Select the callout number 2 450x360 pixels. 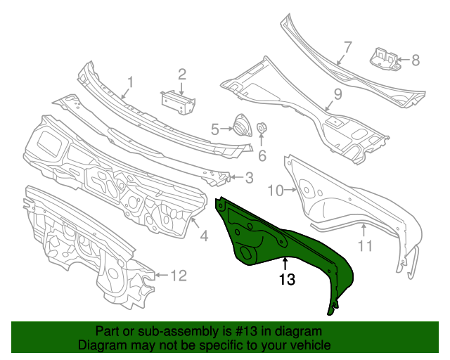[x=181, y=74]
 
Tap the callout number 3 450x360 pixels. [x=249, y=178]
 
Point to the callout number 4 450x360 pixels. [x=204, y=237]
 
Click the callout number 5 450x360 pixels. [x=215, y=129]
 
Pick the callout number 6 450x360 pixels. [x=262, y=155]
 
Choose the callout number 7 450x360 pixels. [x=347, y=48]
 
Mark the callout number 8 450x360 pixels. [x=416, y=60]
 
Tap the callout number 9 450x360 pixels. [x=337, y=94]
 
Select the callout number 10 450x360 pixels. [x=275, y=189]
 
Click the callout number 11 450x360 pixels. [x=364, y=245]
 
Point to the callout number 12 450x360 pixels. [x=179, y=275]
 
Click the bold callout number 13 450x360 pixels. [x=285, y=279]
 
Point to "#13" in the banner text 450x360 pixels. [x=251, y=331]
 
